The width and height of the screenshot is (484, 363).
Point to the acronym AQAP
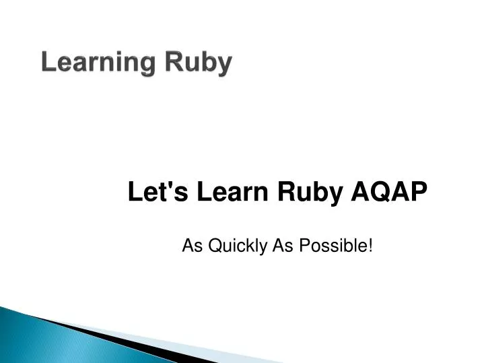(x=389, y=193)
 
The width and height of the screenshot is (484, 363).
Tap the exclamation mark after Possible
(x=370, y=246)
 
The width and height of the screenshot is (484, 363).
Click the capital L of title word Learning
(x=47, y=63)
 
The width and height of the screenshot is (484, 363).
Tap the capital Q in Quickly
(x=213, y=246)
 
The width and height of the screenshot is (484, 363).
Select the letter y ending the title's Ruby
(x=225, y=65)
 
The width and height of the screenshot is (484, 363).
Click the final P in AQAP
(x=419, y=193)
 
